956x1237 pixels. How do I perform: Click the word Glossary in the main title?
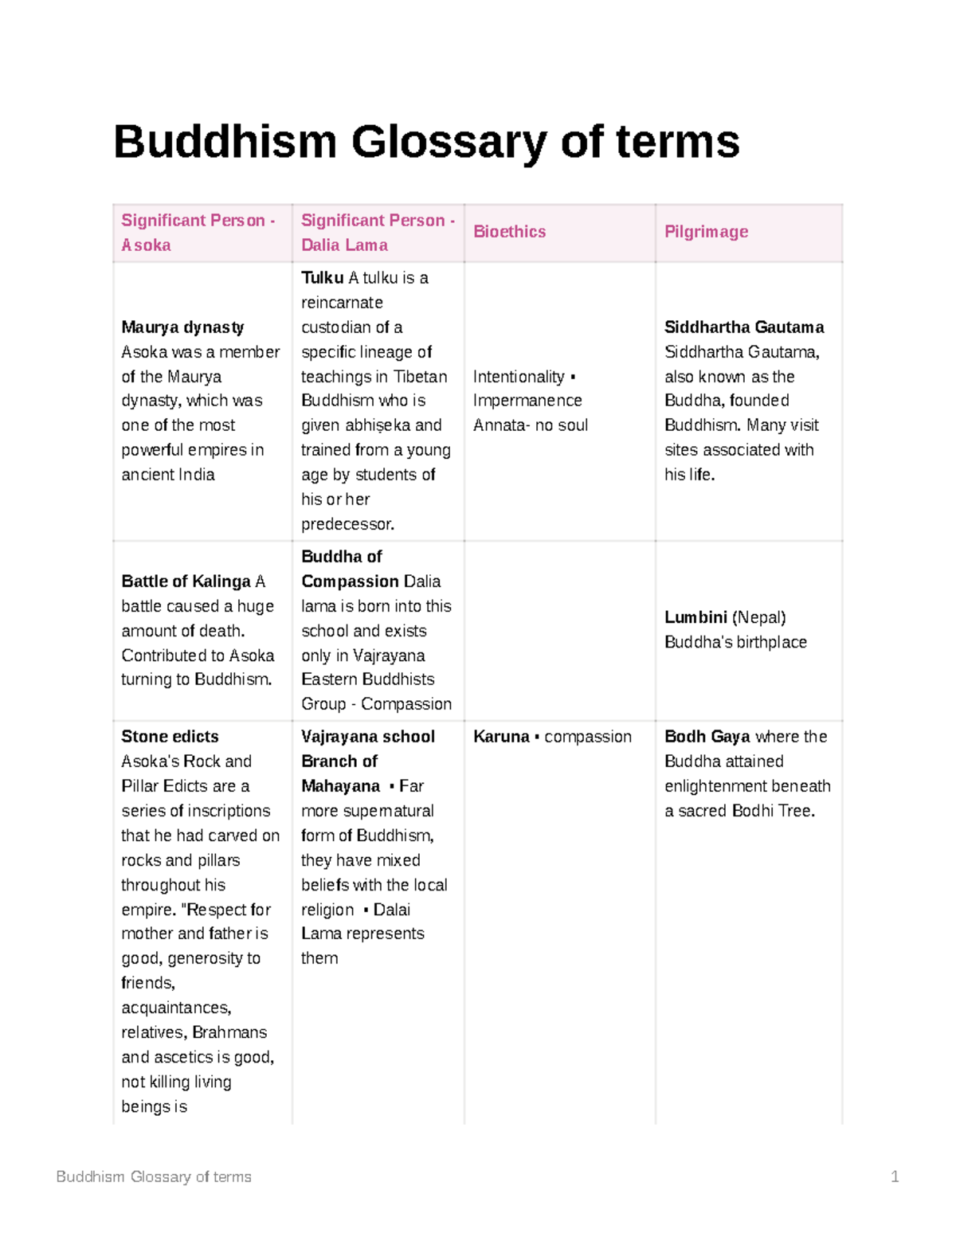tap(449, 142)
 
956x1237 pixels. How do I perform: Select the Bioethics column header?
tap(509, 232)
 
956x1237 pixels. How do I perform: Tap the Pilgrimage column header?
tap(706, 232)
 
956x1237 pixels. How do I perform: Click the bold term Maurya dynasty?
tap(182, 327)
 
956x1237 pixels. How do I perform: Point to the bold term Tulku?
tap(322, 278)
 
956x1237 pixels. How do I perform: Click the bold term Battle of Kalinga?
tap(186, 581)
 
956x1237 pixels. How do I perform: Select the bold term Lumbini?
tap(695, 617)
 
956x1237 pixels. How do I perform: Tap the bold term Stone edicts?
tap(170, 737)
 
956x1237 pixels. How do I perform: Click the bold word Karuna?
tap(501, 737)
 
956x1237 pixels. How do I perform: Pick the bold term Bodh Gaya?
tap(707, 737)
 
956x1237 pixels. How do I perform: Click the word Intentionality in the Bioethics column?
tap(518, 377)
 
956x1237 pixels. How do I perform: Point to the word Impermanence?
tap(527, 401)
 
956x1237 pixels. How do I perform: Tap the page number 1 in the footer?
tap(895, 1176)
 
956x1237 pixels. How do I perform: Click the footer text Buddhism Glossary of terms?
tap(154, 1176)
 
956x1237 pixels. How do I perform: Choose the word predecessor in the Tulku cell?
tap(347, 524)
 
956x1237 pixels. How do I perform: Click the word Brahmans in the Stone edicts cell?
tap(229, 1032)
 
